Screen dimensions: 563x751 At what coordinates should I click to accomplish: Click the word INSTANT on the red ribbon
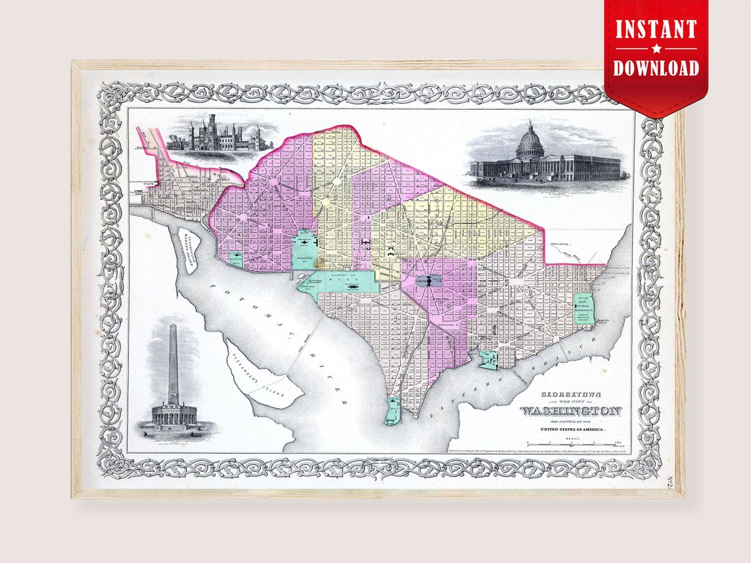point(656,30)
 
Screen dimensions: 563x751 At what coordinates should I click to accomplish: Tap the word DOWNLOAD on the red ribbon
point(656,67)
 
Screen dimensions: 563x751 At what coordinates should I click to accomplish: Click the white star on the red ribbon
point(656,49)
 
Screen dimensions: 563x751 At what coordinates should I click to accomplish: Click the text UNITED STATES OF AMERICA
point(571,431)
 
